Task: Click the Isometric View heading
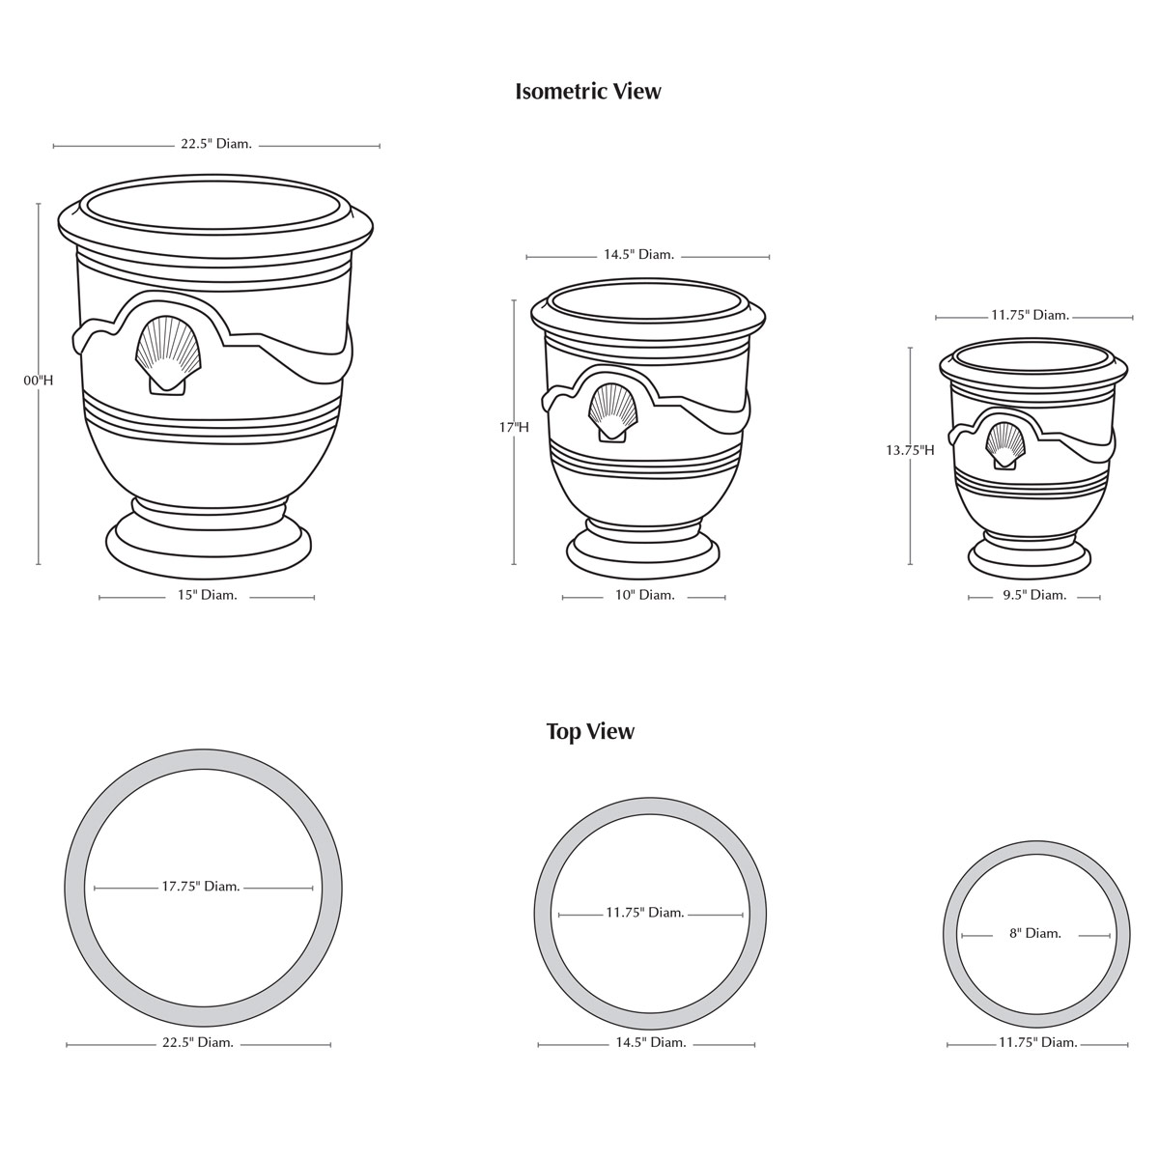pos(587,92)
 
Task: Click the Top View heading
pos(590,732)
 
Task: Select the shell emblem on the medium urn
pos(612,412)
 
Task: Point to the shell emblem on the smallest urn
pos(1004,445)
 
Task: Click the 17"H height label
pos(514,428)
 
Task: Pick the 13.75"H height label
pos(910,450)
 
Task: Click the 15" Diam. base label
pos(207,595)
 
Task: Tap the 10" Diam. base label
pos(645,595)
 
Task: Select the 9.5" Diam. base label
pos(1034,595)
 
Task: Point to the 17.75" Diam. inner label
pos(201,887)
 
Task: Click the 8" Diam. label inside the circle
pos(1035,933)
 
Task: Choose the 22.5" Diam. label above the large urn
pos(216,144)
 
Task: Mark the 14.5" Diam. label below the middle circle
pos(651,1042)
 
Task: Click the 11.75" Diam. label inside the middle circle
pos(645,913)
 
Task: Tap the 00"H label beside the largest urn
pos(39,381)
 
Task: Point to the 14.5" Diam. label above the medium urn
pos(638,255)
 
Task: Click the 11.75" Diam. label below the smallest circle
pos(1038,1042)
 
